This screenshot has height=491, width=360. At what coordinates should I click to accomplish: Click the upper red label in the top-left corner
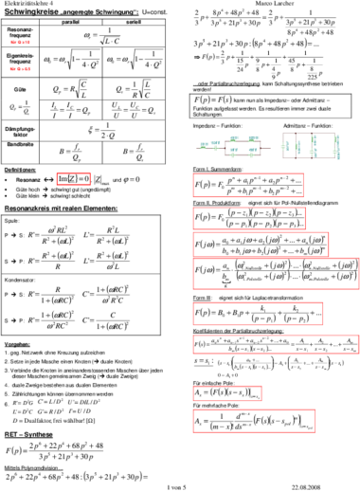[x=20, y=42]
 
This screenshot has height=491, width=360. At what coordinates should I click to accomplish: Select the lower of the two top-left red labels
[x=20, y=68]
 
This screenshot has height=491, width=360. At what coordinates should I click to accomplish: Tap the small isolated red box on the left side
[x=73, y=178]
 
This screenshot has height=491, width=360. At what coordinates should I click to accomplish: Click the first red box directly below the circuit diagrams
[x=248, y=185]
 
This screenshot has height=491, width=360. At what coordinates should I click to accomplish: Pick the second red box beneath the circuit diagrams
[x=249, y=218]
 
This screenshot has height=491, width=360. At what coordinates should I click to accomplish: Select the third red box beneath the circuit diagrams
[x=261, y=244]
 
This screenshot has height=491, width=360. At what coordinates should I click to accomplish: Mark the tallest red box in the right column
[x=276, y=273]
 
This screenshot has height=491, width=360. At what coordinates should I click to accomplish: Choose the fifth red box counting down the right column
[x=258, y=314]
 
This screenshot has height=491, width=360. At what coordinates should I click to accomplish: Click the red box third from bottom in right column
[x=276, y=344]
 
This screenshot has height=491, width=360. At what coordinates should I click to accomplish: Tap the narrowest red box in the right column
[x=227, y=393]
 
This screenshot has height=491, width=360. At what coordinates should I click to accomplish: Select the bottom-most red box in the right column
[x=254, y=421]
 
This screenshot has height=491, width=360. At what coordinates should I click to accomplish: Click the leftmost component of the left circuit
[x=205, y=145]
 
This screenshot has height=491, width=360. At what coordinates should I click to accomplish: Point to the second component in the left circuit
[x=216, y=145]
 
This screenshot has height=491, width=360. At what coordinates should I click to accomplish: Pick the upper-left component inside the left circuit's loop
[x=234, y=138]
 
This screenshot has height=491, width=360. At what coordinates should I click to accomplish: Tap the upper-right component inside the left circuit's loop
[x=253, y=138]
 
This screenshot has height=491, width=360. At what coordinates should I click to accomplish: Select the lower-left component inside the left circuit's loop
[x=233, y=152]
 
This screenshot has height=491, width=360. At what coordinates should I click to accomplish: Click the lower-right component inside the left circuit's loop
[x=252, y=152]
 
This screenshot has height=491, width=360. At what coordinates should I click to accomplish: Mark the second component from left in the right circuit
[x=297, y=147]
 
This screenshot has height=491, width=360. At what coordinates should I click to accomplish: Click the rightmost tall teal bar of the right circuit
[x=336, y=146]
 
